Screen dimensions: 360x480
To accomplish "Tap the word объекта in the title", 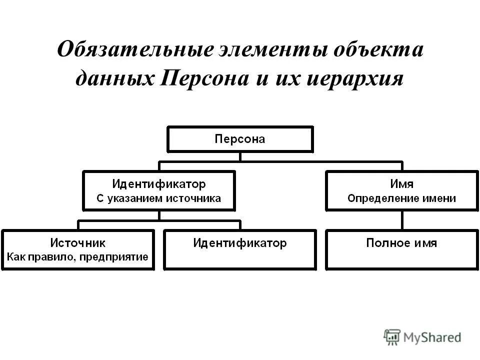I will click(379, 51).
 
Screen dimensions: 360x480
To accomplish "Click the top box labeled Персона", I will click(240, 139).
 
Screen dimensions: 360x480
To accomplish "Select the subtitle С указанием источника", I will click(158, 198).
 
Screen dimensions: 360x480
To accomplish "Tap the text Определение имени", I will click(401, 198).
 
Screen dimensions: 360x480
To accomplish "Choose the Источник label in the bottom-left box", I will click(77, 243).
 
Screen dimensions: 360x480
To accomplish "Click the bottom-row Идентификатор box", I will click(240, 249).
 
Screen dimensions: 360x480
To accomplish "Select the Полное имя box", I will click(401, 249).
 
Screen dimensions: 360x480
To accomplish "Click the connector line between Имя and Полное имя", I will click(402, 220).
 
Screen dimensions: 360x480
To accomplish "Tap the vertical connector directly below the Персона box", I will click(240, 156).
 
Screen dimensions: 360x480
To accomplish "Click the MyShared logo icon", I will click(392, 337).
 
